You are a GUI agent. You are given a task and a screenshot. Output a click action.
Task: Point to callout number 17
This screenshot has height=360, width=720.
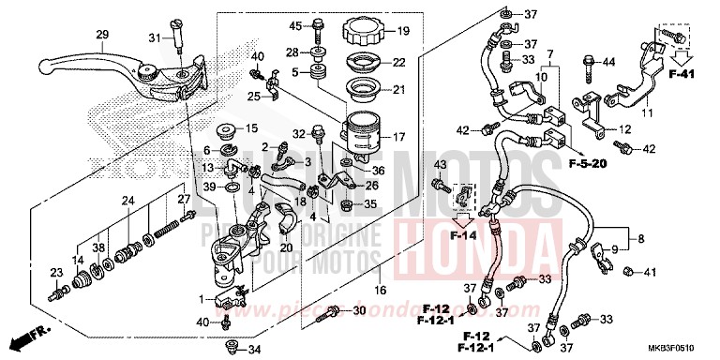point(397,137)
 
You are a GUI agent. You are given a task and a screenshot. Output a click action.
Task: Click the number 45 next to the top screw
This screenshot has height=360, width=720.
point(294,24)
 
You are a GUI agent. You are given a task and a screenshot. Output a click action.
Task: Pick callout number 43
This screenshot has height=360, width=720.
point(440,166)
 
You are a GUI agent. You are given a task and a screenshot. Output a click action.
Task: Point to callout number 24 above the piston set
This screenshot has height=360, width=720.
point(128,200)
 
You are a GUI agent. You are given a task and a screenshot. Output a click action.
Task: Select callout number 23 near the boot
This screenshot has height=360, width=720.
point(55,273)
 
